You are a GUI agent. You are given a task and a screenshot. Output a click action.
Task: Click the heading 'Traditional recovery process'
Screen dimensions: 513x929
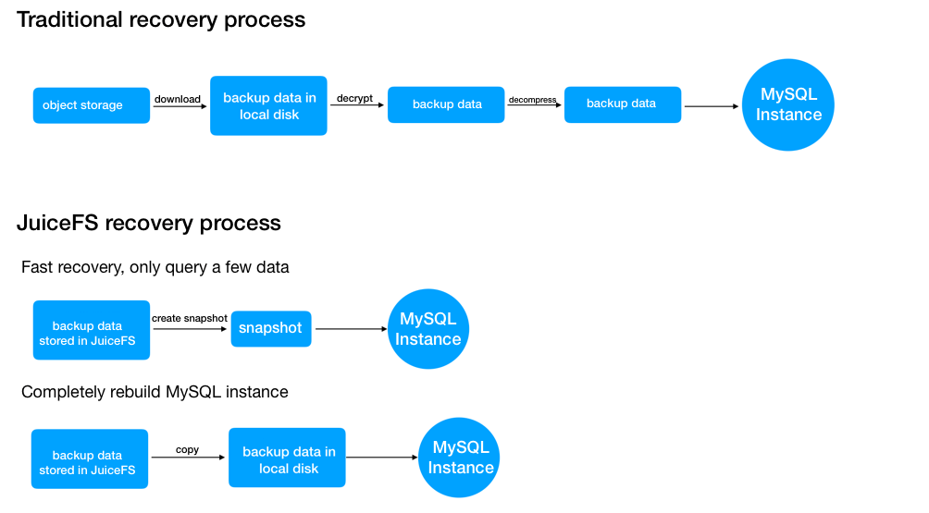click(161, 19)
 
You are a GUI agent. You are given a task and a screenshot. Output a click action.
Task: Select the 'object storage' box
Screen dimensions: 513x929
click(91, 105)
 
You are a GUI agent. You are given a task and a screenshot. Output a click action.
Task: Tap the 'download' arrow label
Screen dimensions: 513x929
click(178, 99)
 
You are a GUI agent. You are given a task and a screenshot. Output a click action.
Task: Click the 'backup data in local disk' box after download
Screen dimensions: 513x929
click(268, 105)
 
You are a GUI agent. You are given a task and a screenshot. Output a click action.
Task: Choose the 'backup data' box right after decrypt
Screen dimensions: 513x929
click(446, 104)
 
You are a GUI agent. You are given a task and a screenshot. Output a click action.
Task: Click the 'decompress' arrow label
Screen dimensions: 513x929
click(532, 99)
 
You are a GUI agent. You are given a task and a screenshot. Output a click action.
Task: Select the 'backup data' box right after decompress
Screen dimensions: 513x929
click(622, 104)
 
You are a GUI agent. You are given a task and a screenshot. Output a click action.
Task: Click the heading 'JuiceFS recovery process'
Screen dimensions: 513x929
click(148, 223)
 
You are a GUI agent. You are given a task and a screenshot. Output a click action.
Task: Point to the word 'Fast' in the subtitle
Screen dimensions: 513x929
click(38, 268)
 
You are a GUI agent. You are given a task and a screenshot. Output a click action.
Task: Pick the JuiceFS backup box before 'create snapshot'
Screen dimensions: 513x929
click(91, 330)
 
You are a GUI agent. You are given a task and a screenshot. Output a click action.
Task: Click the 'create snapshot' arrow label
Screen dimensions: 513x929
click(190, 319)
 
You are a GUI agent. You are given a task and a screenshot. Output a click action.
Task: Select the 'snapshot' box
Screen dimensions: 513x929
click(270, 328)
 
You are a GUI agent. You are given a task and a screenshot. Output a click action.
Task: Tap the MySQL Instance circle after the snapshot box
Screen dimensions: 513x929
click(427, 329)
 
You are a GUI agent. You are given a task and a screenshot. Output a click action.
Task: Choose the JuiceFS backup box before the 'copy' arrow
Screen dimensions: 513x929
click(89, 458)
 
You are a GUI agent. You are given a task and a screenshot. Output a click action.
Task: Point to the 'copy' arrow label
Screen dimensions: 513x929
click(188, 450)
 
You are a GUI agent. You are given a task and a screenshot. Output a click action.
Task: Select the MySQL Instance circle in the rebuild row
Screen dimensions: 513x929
click(460, 458)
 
